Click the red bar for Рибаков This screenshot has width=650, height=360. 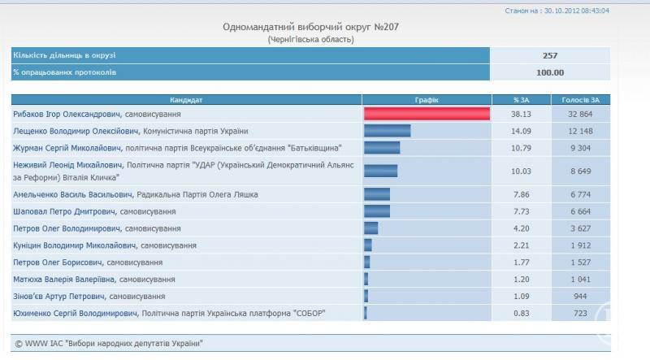[x=427, y=115]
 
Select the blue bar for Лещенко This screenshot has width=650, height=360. [x=388, y=131]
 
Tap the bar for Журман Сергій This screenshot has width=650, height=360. [x=382, y=148]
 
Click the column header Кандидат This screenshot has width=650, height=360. [x=186, y=100]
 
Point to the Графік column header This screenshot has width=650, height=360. [x=427, y=100]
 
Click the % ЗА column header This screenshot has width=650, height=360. [x=521, y=100]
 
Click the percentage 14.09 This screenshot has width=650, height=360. [x=521, y=131]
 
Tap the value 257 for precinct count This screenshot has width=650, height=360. [x=550, y=55]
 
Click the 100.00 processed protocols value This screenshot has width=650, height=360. [x=550, y=72]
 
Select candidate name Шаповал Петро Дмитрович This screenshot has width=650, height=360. [x=64, y=211]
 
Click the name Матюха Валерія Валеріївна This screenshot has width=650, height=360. [x=66, y=279]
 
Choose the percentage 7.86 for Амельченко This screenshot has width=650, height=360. [x=521, y=194]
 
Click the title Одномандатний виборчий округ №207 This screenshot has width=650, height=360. [x=311, y=27]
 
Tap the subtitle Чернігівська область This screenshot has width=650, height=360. [x=311, y=39]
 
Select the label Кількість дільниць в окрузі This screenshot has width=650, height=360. [x=64, y=55]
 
